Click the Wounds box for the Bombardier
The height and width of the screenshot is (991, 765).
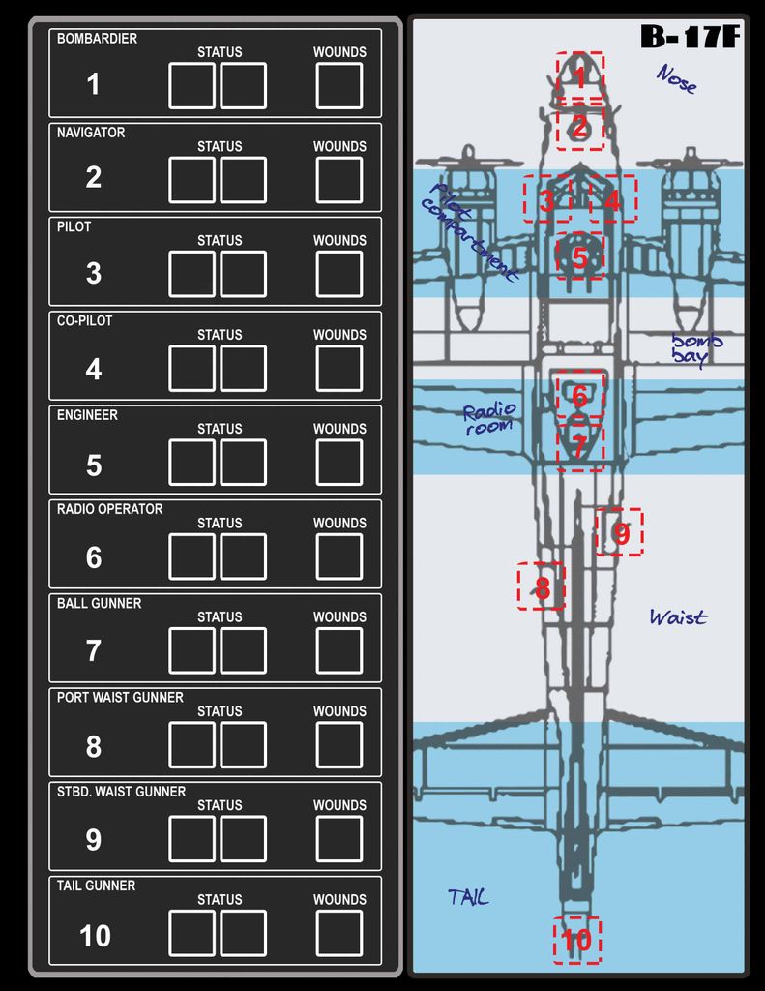tap(339, 85)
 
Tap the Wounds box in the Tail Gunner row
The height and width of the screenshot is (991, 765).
tap(339, 933)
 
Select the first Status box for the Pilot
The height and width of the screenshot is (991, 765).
tap(192, 274)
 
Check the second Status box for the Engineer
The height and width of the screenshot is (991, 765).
tap(243, 462)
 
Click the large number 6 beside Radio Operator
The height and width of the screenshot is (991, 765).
tap(94, 557)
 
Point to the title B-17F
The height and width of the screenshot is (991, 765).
tap(690, 37)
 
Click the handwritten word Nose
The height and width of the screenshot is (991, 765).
tap(677, 79)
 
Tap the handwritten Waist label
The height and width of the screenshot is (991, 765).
tap(679, 616)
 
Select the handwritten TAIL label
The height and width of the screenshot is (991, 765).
tap(468, 896)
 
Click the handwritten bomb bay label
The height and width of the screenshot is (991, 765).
tap(696, 348)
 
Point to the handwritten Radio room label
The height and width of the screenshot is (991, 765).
tap(489, 419)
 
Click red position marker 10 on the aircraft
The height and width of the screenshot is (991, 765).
tap(577, 940)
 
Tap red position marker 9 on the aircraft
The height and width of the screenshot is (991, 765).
tap(620, 532)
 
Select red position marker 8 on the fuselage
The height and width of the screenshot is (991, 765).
tap(541, 586)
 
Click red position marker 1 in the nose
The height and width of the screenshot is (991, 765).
tap(580, 77)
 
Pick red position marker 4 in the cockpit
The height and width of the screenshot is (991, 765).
tap(613, 199)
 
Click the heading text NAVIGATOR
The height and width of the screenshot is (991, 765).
tap(91, 133)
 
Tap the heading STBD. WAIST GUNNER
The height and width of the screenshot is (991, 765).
tap(121, 792)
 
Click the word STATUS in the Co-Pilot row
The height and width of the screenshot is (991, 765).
tap(220, 335)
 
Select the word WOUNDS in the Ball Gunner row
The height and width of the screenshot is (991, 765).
tap(339, 617)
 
